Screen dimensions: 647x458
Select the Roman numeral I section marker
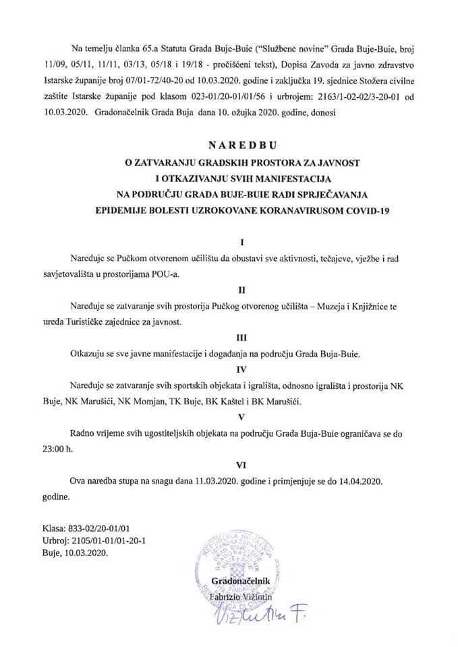[x=241, y=241]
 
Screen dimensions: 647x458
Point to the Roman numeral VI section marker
[x=241, y=464]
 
